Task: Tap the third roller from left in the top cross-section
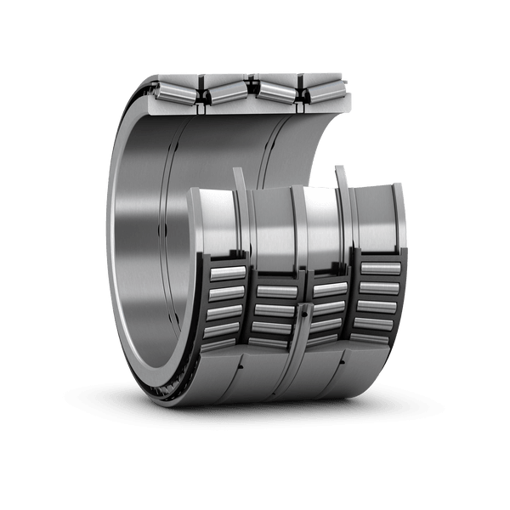(x=273, y=90)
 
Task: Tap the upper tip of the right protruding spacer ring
(x=340, y=169)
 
